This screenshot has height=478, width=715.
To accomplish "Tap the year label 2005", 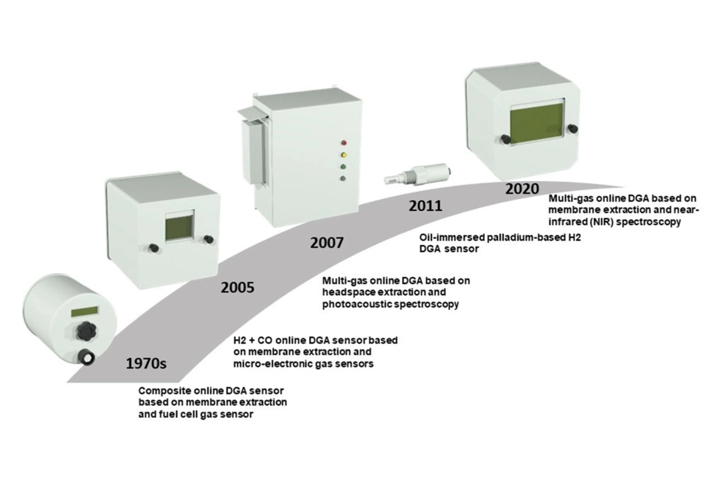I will tap(237, 288).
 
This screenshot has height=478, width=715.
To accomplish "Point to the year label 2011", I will tap(425, 206).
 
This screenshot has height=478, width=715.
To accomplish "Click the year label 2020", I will tap(522, 188).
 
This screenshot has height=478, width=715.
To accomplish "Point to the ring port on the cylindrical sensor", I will tap(88, 356).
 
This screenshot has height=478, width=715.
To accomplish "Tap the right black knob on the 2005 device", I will tap(208, 239).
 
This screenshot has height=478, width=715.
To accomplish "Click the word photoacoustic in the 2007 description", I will tap(354, 305).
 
